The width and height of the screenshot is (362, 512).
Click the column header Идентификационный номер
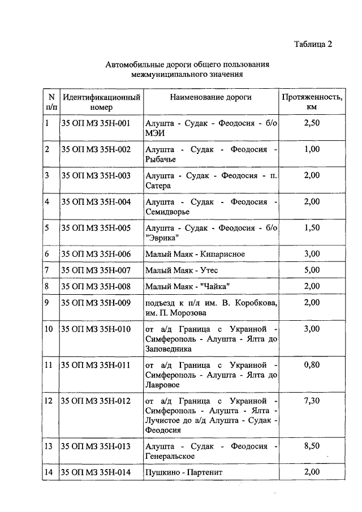[101, 102]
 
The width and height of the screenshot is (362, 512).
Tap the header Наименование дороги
[211, 97]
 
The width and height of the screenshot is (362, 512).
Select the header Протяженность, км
[312, 102]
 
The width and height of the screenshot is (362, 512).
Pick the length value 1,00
[312, 149]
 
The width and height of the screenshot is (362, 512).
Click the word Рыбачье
[161, 160]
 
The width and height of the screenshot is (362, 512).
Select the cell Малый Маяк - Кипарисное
[195, 254]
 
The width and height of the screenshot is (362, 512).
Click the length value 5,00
[312, 270]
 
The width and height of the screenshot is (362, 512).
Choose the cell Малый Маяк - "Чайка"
[187, 286]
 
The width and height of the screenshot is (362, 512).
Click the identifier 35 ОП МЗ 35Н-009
[96, 303]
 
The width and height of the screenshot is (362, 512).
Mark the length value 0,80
[312, 365]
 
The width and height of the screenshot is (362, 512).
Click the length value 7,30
[312, 401]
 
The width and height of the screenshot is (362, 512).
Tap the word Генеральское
[170, 456]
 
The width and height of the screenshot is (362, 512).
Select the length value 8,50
[312, 446]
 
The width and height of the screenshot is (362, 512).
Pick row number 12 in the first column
[50, 401]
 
